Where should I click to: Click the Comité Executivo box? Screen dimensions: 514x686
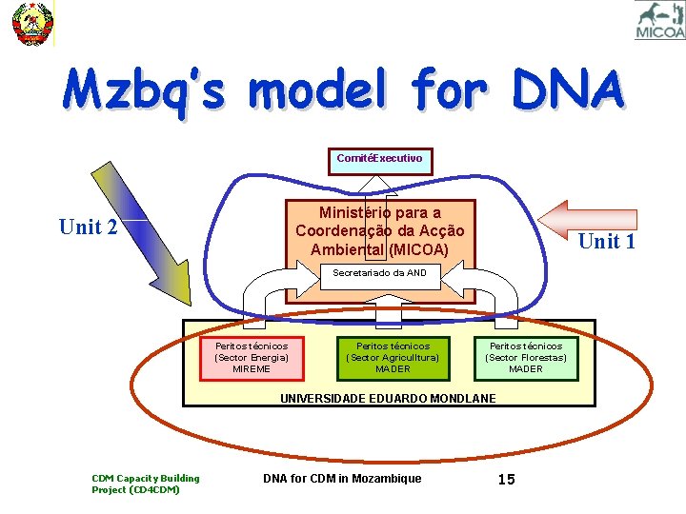pyautogui.click(x=379, y=159)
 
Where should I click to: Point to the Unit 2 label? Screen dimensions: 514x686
pyautogui.click(x=88, y=227)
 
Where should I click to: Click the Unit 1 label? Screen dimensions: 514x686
pyautogui.click(x=606, y=241)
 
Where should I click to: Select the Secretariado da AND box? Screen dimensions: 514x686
pyautogui.click(x=379, y=274)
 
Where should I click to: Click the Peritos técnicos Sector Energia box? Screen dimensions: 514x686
pyautogui.click(x=252, y=357)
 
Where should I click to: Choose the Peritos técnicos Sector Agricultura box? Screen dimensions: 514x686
pyautogui.click(x=393, y=357)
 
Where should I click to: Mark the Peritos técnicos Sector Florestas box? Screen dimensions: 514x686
pyautogui.click(x=526, y=357)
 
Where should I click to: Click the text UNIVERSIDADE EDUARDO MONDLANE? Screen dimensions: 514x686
pyautogui.click(x=388, y=398)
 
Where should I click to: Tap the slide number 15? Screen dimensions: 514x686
pyautogui.click(x=506, y=479)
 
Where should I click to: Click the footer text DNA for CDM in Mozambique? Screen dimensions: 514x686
pyautogui.click(x=341, y=478)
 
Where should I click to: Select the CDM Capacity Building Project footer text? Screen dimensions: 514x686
pyautogui.click(x=145, y=484)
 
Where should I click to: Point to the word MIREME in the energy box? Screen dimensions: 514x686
pyautogui.click(x=252, y=368)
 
